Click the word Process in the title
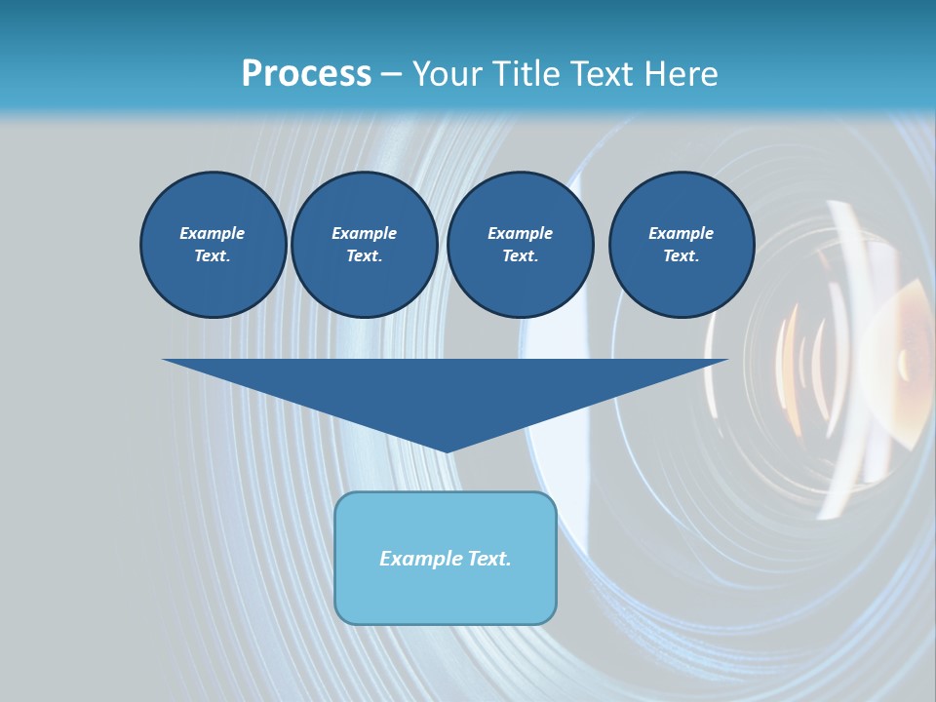[306, 74]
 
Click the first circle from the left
[213, 245]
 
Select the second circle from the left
[364, 245]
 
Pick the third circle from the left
[520, 245]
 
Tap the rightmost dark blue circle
[681, 245]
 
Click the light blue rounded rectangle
[446, 558]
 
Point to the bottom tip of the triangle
[446, 449]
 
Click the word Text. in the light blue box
[487, 559]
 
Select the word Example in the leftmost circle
[213, 233]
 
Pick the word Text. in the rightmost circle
[681, 256]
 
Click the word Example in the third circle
[520, 233]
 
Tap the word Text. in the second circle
[364, 256]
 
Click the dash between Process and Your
[391, 75]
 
